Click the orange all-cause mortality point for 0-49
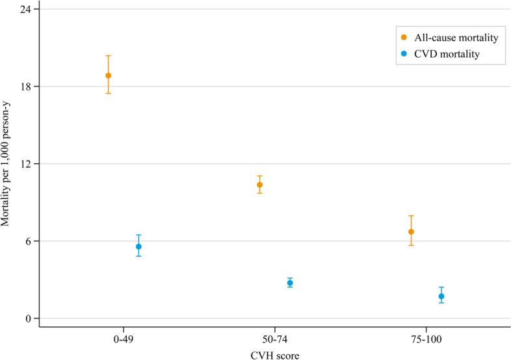coord(109,75)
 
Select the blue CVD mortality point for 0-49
coord(138,246)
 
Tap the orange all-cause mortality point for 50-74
coord(260,185)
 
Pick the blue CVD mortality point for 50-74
coord(290,283)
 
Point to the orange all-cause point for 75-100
coord(411,232)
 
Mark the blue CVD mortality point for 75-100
coord(441,296)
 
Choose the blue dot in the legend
coord(404,55)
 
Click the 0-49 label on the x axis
coord(124,340)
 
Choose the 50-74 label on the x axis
coord(275,340)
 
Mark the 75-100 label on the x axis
coord(426,340)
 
